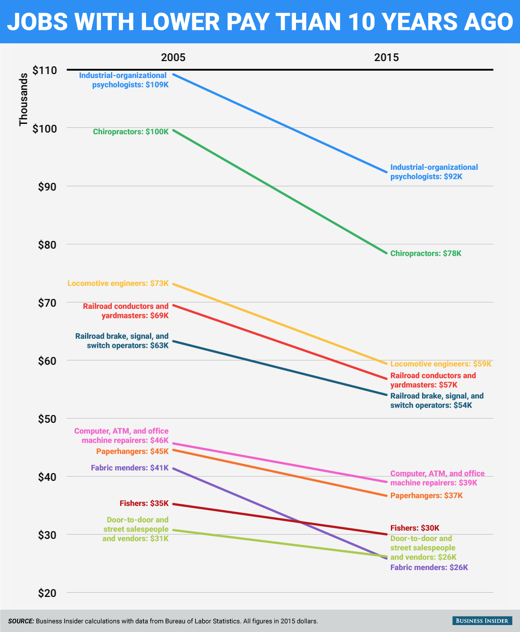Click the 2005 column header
[x=173, y=58]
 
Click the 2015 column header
[x=387, y=58]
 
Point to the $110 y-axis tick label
[x=45, y=70]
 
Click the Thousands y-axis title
[x=23, y=100]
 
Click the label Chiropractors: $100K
[x=130, y=131]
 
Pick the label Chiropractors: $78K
[x=426, y=253]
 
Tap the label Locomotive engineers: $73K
[x=118, y=283]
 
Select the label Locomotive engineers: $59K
[x=441, y=364]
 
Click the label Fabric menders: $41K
[x=130, y=468]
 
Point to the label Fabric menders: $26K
[x=429, y=567]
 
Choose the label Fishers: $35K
[x=144, y=503]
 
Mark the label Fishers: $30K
[x=415, y=528]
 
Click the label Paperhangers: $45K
[x=132, y=451]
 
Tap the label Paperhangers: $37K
[x=426, y=496]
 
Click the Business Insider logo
[x=482, y=621]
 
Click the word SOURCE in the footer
[x=21, y=621]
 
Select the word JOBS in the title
[x=38, y=22]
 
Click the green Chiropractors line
[x=279, y=191]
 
